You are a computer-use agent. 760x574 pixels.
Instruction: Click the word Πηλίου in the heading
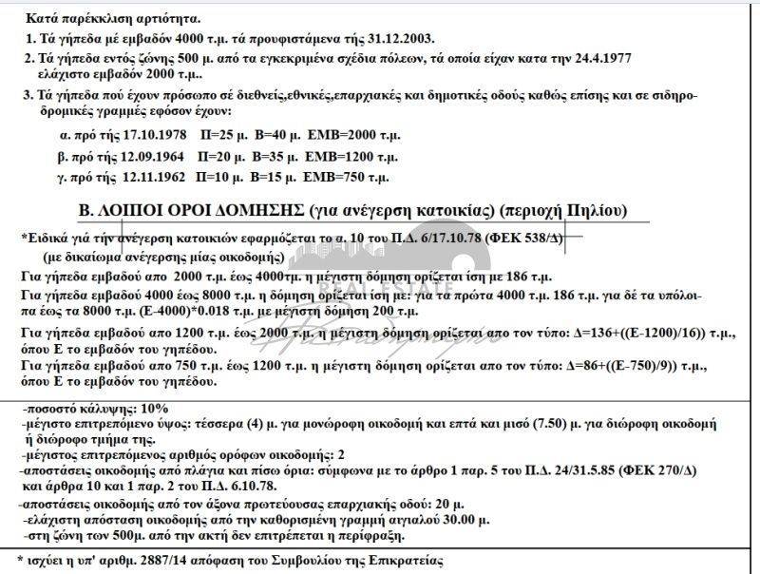click(596, 210)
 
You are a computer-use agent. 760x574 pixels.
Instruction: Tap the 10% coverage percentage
click(142, 407)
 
